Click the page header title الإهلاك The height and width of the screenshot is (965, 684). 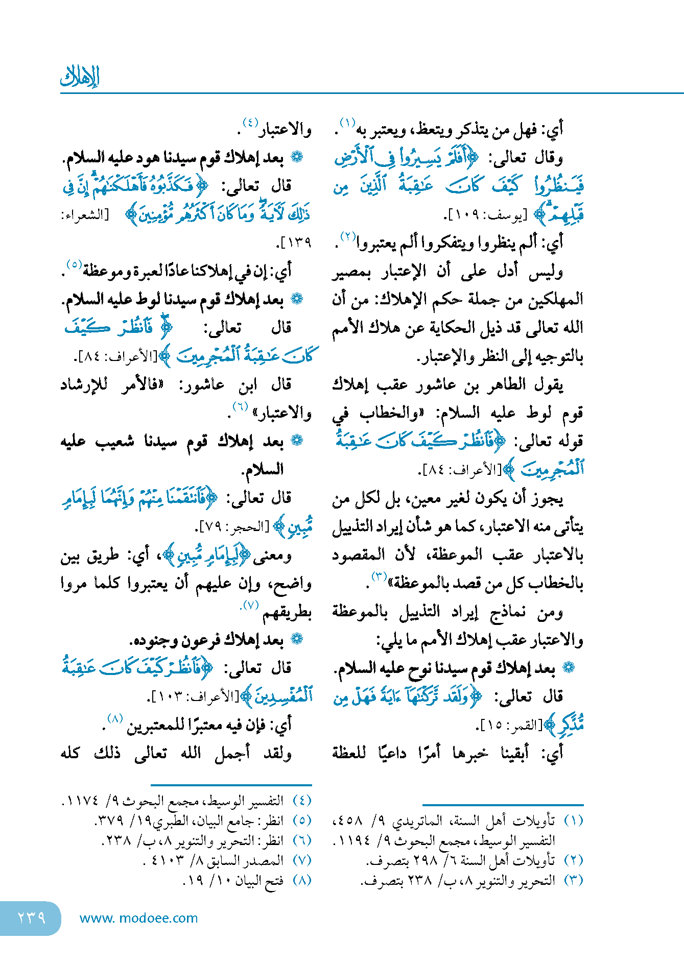(80, 77)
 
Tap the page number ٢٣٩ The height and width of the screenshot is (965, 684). (31, 918)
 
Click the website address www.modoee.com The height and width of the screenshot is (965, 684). (138, 918)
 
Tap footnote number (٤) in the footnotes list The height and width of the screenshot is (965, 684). (302, 801)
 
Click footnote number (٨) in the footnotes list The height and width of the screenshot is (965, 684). (302, 880)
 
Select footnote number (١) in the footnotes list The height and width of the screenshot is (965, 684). (574, 821)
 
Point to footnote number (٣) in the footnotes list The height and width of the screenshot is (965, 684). (574, 880)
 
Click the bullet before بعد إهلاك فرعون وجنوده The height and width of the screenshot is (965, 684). (297, 639)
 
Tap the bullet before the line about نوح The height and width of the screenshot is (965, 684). (568, 667)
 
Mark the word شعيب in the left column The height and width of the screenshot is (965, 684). (115, 441)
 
